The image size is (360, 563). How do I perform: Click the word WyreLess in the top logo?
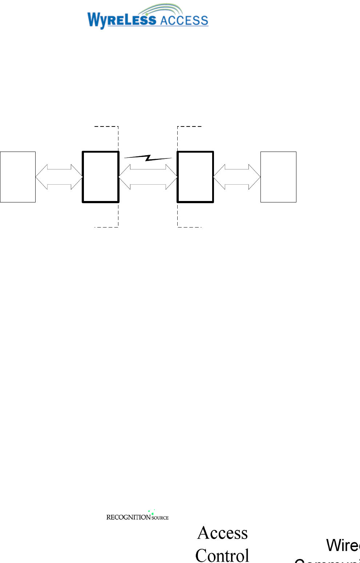pyautogui.click(x=121, y=20)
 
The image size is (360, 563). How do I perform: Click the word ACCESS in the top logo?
pyautogui.click(x=184, y=20)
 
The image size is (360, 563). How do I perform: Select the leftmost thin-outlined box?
pyautogui.click(x=18, y=177)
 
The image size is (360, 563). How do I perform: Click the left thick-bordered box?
pyautogui.click(x=101, y=177)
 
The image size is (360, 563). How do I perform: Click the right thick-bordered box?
pyautogui.click(x=195, y=177)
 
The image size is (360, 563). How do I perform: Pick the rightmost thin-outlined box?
pyautogui.click(x=278, y=177)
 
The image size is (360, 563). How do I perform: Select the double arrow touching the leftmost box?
pyautogui.click(x=59, y=177)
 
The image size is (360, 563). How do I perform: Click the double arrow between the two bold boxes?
pyautogui.click(x=148, y=177)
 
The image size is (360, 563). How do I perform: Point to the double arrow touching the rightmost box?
pyautogui.click(x=237, y=177)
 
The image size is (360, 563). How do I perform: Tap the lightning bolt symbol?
pyautogui.click(x=148, y=158)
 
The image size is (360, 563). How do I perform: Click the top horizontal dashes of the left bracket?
pyautogui.click(x=106, y=126)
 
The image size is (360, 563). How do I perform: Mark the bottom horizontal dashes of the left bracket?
pyautogui.click(x=106, y=227)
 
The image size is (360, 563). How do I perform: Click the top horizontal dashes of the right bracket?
pyautogui.click(x=189, y=126)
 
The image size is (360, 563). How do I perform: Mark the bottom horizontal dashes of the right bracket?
pyautogui.click(x=189, y=227)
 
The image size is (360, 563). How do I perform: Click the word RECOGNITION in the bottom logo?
pyautogui.click(x=128, y=517)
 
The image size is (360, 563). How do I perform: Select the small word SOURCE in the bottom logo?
pyautogui.click(x=160, y=518)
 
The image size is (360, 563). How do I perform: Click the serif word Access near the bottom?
pyautogui.click(x=222, y=533)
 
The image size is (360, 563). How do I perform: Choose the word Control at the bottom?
pyautogui.click(x=222, y=555)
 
